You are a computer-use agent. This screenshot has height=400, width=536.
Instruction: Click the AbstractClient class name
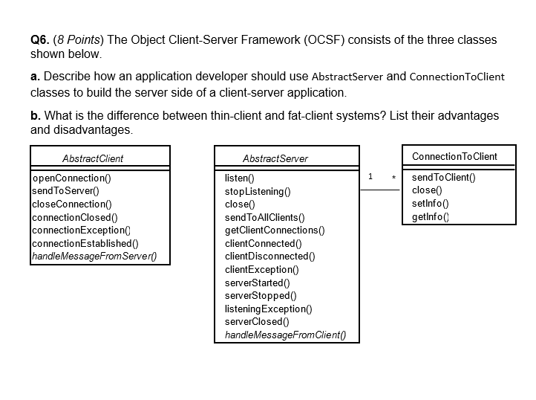[x=93, y=158]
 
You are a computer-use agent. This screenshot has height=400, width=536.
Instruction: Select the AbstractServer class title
[x=275, y=158]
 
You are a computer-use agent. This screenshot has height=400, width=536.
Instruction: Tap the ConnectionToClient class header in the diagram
[x=454, y=156]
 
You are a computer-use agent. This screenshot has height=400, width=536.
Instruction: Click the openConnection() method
[x=71, y=178]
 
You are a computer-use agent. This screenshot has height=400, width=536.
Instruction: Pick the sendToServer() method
[x=65, y=191]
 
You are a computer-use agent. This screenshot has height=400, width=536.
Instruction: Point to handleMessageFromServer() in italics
[x=99, y=257]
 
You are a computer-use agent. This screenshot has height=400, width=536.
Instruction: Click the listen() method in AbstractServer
[x=239, y=178]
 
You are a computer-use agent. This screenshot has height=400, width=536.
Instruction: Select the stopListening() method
[x=257, y=191]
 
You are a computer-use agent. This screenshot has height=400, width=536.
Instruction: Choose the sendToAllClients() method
[x=264, y=217]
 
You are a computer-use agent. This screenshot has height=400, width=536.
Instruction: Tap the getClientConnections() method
[x=275, y=230]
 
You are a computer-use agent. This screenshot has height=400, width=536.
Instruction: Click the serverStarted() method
[x=257, y=283]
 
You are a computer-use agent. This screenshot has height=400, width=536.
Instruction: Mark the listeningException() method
[x=268, y=309]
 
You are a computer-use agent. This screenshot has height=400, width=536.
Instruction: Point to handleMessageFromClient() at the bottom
[x=285, y=335]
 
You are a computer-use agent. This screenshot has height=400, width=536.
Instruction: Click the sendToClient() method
[x=443, y=177]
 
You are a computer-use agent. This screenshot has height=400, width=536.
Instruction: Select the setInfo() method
[x=430, y=203]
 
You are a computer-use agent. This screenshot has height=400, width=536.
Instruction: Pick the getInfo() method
[x=431, y=216]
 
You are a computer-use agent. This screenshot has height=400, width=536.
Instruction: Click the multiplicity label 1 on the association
[x=370, y=177]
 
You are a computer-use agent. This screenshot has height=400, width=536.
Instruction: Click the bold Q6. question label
[x=40, y=40]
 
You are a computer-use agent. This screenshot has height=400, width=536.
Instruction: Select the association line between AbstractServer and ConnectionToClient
[x=380, y=190]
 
